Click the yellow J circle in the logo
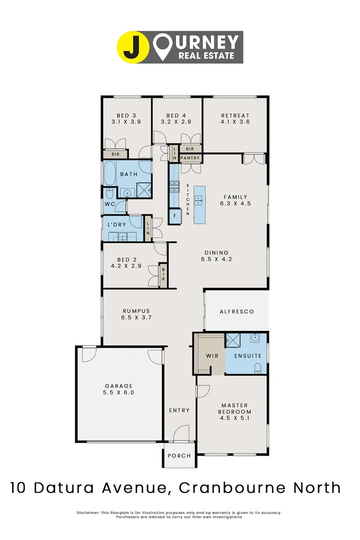pos(133,47)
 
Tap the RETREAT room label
pos(235,115)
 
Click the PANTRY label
pos(190,158)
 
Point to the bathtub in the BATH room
pos(109,174)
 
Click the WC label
pos(109,204)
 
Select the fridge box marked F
pos(174,215)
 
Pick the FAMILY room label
pos(235,196)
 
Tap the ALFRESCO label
pos(237,311)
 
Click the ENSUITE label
pos(247,355)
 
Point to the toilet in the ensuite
pos(257,368)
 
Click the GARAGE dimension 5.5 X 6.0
pos(118,392)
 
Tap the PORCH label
pos(179,455)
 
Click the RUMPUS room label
pos(135,310)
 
